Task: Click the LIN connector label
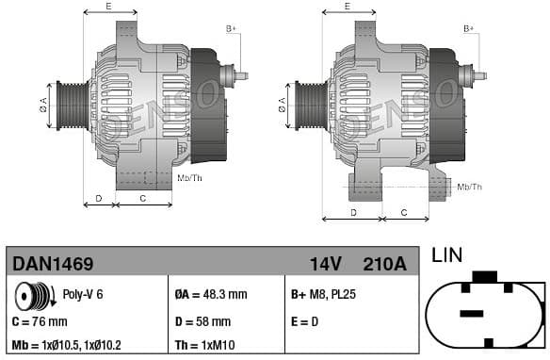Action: [x=447, y=254]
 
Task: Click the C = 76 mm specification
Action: [x=40, y=320]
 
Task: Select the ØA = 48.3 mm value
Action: [x=211, y=294]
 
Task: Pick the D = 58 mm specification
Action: [x=202, y=320]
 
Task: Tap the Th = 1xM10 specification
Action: [x=206, y=345]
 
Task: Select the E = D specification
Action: [x=307, y=320]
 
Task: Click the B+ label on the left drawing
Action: [x=231, y=29]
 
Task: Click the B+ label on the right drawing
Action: [x=469, y=29]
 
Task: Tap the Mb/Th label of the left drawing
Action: [x=189, y=177]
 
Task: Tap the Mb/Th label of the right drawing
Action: [x=469, y=187]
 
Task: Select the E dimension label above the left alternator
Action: [x=108, y=7]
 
